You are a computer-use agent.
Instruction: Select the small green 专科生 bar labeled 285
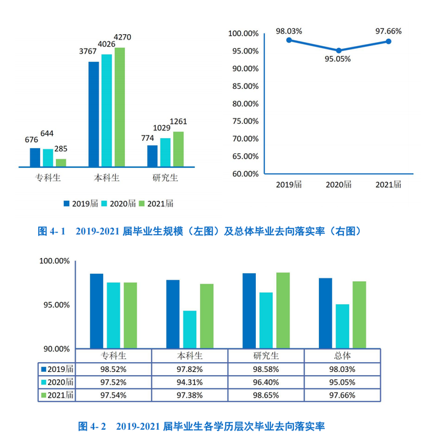tap(61, 163)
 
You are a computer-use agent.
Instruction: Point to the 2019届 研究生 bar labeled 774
tap(152, 155)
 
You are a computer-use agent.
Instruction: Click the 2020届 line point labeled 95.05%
tap(339, 51)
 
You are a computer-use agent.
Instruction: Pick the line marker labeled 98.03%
tap(289, 40)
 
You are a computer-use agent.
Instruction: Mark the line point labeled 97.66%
tap(389, 41)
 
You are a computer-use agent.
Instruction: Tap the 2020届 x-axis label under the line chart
tap(339, 185)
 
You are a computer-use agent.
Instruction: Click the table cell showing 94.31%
tap(189, 382)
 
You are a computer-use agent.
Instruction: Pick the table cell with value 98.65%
tap(265, 395)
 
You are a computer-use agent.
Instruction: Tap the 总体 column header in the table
tap(342, 355)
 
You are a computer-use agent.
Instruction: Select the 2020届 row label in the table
tap(57, 382)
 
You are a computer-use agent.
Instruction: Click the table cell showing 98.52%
tap(113, 369)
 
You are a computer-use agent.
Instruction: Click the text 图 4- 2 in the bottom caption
tap(92, 427)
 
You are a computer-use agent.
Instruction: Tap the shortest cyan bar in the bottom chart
tap(189, 329)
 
